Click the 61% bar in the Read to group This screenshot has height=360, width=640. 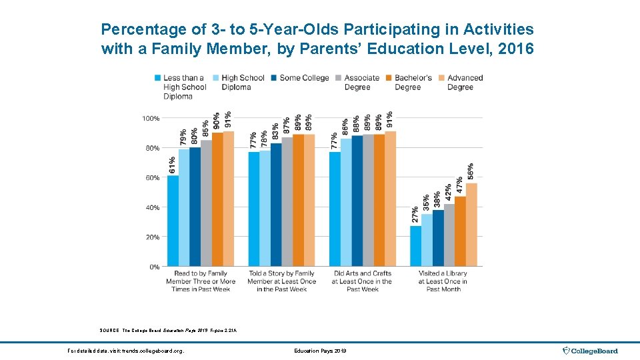coord(173,221)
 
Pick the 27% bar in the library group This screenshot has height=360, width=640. coord(415,246)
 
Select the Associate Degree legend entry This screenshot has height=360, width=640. coord(362,83)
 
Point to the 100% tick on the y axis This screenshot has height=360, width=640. coord(150,118)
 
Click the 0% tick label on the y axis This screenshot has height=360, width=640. coord(153,267)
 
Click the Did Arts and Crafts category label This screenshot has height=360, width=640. coord(363,281)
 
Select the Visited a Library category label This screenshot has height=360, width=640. coord(443,281)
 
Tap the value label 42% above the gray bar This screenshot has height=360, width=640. coord(448,193)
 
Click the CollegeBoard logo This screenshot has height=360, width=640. coord(590,351)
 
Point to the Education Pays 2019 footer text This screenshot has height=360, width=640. coord(320,351)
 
